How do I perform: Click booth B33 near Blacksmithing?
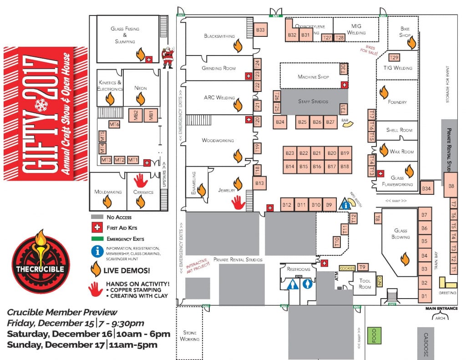click(x=260, y=30)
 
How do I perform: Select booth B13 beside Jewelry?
click(x=260, y=183)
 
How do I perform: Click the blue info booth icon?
click(x=346, y=205)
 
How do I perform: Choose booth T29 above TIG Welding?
click(x=394, y=57)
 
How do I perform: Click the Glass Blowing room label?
click(x=400, y=234)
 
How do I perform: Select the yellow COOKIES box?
click(x=347, y=268)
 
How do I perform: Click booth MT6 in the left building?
click(x=114, y=124)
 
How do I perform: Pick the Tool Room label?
click(x=365, y=284)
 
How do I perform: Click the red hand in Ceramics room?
click(x=141, y=180)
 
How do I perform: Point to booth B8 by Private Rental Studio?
click(x=451, y=186)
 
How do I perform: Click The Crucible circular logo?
click(x=41, y=262)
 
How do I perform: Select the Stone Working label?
click(x=189, y=336)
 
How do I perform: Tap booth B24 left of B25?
click(x=280, y=122)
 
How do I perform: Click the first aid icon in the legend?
click(x=96, y=228)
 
